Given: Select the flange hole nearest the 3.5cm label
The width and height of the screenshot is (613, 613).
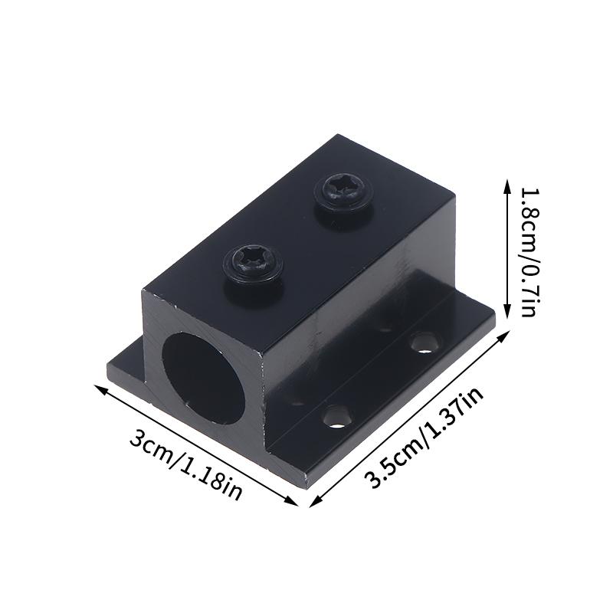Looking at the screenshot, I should pyautogui.click(x=335, y=417).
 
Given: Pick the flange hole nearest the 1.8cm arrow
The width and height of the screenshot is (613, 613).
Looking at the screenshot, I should pyautogui.click(x=422, y=342).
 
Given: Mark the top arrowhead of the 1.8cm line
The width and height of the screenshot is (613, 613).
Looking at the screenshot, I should pyautogui.click(x=506, y=182).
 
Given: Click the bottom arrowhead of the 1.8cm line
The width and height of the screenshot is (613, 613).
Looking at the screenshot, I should pyautogui.click(x=506, y=316).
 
